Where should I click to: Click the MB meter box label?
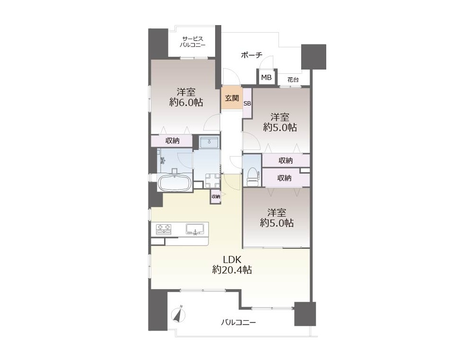pyautogui.click(x=266, y=78)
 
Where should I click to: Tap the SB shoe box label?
pyautogui.click(x=247, y=104)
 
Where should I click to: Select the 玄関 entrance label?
pyautogui.click(x=232, y=98)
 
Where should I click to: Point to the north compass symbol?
pyautogui.click(x=178, y=315)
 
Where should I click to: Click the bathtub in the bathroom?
pyautogui.click(x=174, y=182)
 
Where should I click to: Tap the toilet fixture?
pyautogui.click(x=252, y=176)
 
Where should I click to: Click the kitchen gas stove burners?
pyautogui.click(x=164, y=229)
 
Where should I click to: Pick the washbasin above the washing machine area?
pyautogui.click(x=209, y=142)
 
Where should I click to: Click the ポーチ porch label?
pyautogui.click(x=252, y=55)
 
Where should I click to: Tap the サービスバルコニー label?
pyautogui.click(x=192, y=42)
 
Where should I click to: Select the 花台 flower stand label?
pyautogui.click(x=293, y=79)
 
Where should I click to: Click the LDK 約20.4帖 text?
pyautogui.click(x=232, y=265)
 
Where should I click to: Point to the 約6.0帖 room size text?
pyautogui.click(x=186, y=103)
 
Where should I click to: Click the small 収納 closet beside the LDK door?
pyautogui.click(x=216, y=196)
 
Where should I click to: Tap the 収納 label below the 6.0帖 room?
pyautogui.click(x=172, y=140)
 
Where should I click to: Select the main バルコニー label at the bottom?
pyautogui.click(x=238, y=323)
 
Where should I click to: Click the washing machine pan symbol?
pyautogui.click(x=212, y=180)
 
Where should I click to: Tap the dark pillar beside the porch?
pyautogui.click(x=313, y=57)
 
